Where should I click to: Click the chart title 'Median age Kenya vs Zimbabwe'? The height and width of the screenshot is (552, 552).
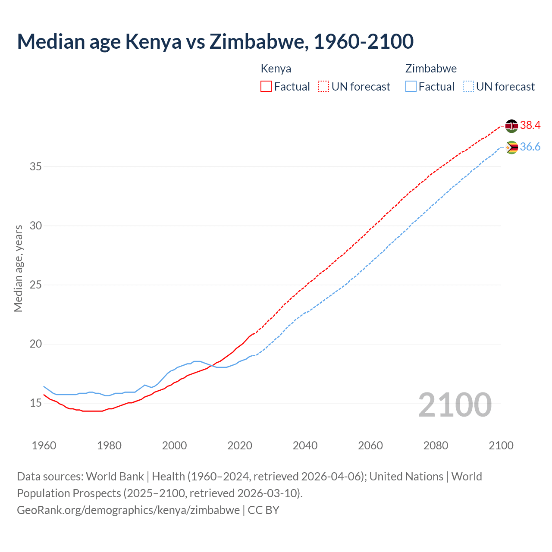pos(215,41)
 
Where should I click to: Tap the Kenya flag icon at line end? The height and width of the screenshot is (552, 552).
pos(511,126)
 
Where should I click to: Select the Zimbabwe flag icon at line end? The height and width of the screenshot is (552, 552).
pos(511,147)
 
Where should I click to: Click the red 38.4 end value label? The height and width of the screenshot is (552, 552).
pos(530,125)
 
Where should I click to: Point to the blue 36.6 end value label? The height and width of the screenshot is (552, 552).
pos(530,147)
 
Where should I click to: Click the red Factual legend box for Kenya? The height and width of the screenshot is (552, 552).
pos(266,87)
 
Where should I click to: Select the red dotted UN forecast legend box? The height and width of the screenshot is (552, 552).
pos(323,87)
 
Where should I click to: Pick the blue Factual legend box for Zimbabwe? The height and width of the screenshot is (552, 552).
pos(411,87)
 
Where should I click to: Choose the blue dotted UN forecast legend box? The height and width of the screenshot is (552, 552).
pos(468,87)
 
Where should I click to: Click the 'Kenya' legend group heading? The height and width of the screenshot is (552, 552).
pos(276,69)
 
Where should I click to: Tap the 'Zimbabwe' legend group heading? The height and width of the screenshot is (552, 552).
pos(431,69)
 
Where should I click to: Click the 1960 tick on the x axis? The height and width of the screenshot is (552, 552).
pos(44,445)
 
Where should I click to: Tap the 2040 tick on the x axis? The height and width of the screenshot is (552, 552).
pos(305,445)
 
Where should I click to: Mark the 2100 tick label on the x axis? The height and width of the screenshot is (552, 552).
pos(501,445)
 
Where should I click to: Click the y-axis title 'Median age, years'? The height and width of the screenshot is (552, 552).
pos(18,268)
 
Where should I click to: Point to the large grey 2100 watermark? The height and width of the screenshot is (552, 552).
pos(455,405)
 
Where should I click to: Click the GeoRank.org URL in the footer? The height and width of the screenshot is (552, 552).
pos(128,510)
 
